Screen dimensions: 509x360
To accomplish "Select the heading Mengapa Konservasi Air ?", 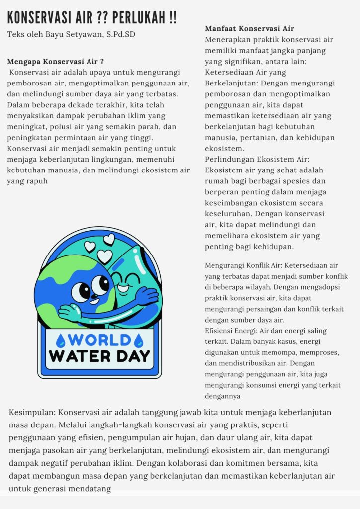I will (x=56, y=62).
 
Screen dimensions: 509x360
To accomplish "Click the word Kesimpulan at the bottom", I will (x=33, y=413).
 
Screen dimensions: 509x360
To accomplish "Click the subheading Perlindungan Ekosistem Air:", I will (x=257, y=159).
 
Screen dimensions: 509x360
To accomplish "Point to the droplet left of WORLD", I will (x=61, y=340).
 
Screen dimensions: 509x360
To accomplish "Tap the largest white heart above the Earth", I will (x=104, y=256).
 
